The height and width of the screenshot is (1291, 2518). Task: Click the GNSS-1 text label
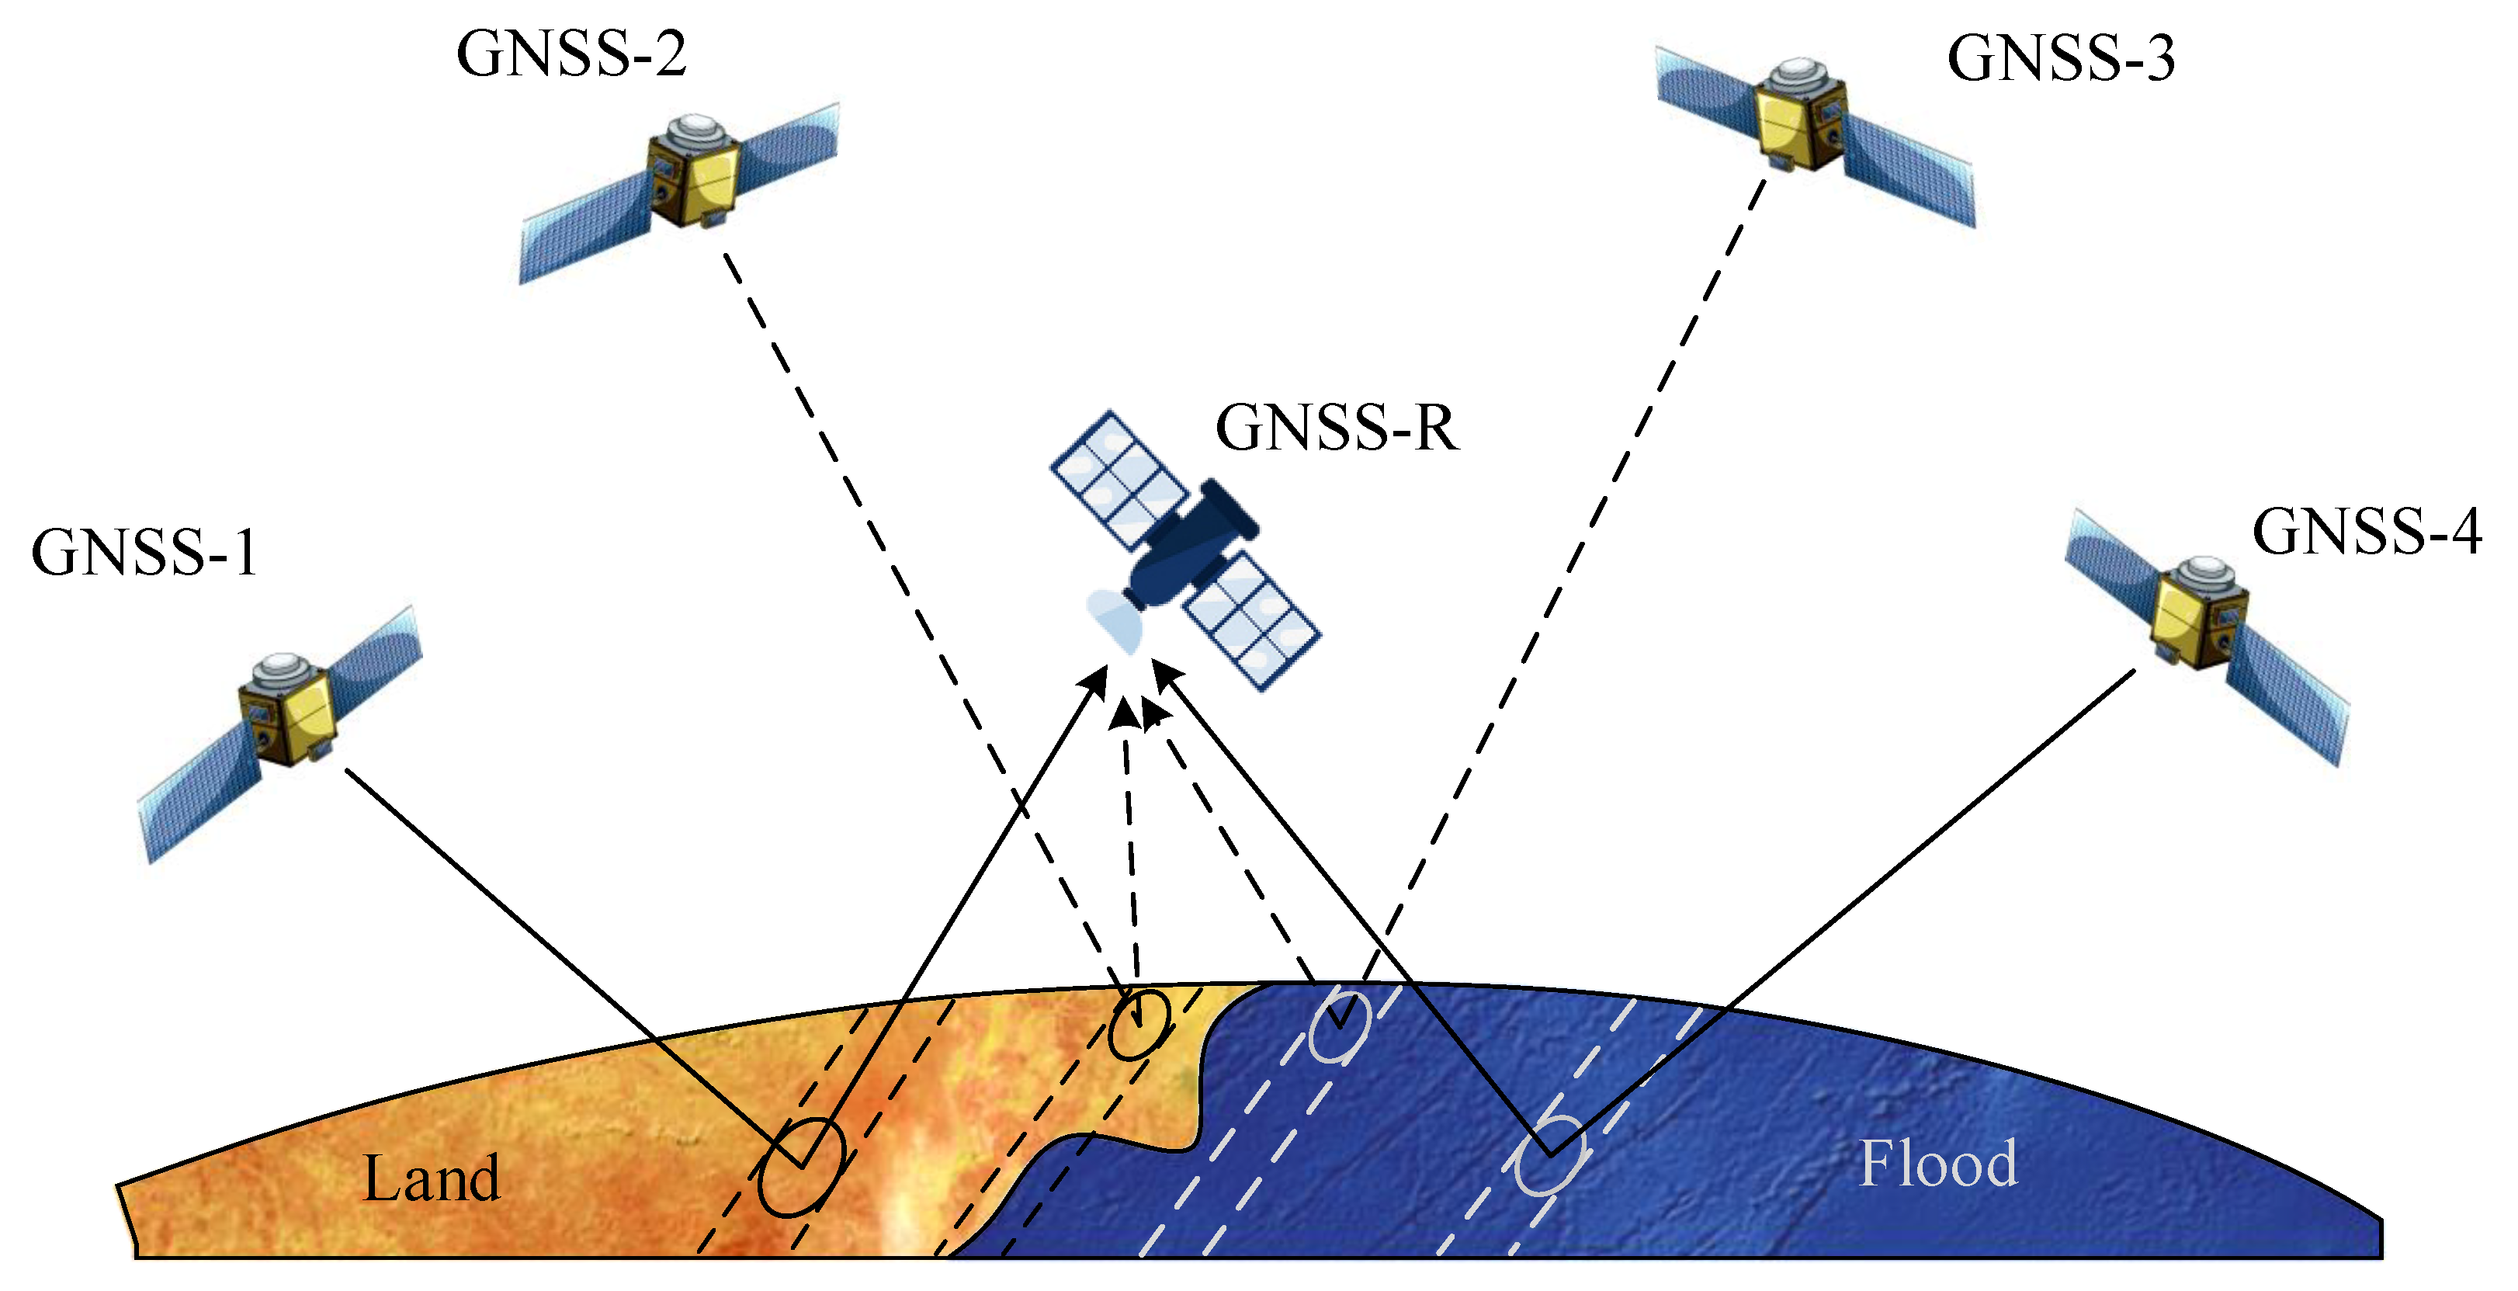(x=144, y=554)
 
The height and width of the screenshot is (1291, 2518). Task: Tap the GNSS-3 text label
(x=2061, y=59)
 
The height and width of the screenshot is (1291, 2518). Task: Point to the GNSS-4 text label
(x=2366, y=533)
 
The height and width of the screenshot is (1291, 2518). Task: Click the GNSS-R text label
(x=1336, y=428)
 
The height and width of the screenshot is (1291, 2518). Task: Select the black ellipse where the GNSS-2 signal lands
(x=1139, y=1024)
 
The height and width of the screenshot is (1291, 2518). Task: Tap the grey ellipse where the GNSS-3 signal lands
(x=1339, y=1026)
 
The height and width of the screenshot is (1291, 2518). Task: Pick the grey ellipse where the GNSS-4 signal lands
(x=1549, y=1156)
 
